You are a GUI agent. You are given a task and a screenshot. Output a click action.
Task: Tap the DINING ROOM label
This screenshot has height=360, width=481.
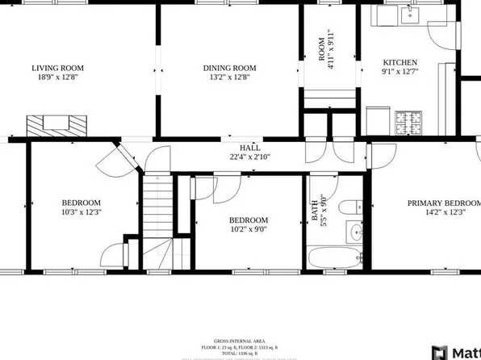(229, 68)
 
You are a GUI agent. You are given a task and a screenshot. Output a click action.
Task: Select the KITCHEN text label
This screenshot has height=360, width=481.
(399, 62)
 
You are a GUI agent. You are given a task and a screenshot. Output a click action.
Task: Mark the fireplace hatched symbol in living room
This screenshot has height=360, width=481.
(56, 125)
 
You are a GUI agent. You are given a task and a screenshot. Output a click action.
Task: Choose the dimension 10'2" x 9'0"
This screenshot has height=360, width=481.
(248, 229)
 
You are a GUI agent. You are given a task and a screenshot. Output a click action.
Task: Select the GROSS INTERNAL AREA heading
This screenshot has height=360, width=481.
(240, 341)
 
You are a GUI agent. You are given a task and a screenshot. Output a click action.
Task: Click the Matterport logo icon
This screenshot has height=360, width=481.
(440, 353)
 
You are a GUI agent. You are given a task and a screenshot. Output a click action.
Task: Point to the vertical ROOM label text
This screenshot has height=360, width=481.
(322, 48)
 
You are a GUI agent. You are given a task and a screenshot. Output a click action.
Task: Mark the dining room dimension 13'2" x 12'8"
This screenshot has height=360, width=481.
(229, 78)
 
